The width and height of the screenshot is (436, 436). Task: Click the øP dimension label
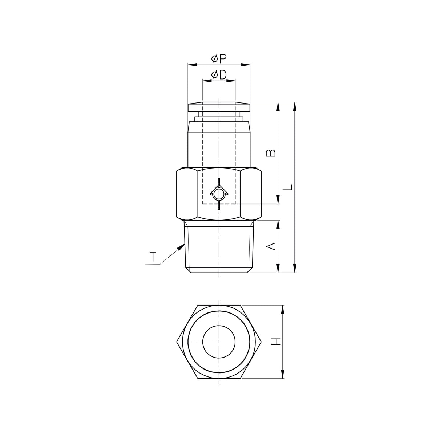click(x=219, y=59)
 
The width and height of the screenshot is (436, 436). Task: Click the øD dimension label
click(x=219, y=75)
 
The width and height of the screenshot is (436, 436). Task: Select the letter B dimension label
click(x=271, y=153)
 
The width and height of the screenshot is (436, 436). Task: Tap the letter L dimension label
click(x=288, y=187)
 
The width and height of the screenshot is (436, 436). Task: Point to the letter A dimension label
click(x=271, y=246)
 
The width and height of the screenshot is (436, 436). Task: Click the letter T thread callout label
click(x=153, y=257)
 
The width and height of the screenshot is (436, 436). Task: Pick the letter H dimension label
click(x=276, y=342)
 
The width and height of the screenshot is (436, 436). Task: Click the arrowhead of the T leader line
click(x=181, y=247)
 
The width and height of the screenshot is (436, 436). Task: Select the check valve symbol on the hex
click(x=219, y=194)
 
